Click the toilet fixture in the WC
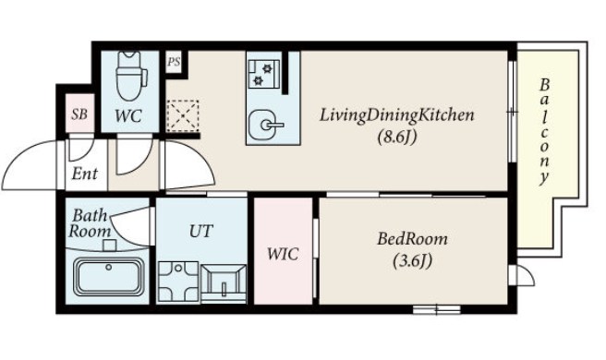[x=131, y=77]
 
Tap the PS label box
[x=174, y=62]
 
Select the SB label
[x=79, y=114]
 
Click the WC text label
[x=128, y=116]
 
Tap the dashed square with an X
[x=183, y=115]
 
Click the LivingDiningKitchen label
[x=397, y=115]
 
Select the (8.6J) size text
[x=397, y=137]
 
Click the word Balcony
[x=544, y=131]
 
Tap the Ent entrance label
[x=85, y=174]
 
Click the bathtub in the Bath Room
[x=109, y=276]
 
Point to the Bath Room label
[x=90, y=223]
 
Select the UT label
[x=201, y=231]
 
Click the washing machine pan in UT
[x=178, y=282]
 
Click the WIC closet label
[x=283, y=254]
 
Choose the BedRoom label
[x=413, y=239]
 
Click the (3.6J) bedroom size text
[x=413, y=261]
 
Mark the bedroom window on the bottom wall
[x=437, y=309]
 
